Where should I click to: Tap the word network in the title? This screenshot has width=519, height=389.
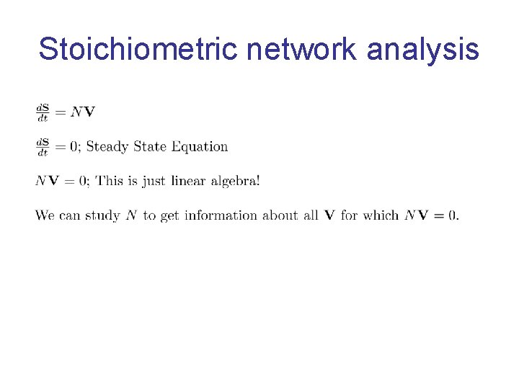click(x=302, y=49)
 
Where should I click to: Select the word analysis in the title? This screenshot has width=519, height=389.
click(x=422, y=49)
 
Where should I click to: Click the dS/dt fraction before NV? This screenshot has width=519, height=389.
click(x=43, y=112)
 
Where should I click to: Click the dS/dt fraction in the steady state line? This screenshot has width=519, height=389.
click(x=43, y=147)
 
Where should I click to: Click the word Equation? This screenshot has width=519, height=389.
click(x=200, y=147)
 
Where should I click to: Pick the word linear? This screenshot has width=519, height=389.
click(x=189, y=181)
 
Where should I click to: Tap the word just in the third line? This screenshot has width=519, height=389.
click(x=154, y=181)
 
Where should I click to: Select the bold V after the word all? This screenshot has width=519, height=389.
click(x=329, y=215)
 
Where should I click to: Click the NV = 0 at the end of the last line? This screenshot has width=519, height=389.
click(x=431, y=215)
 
